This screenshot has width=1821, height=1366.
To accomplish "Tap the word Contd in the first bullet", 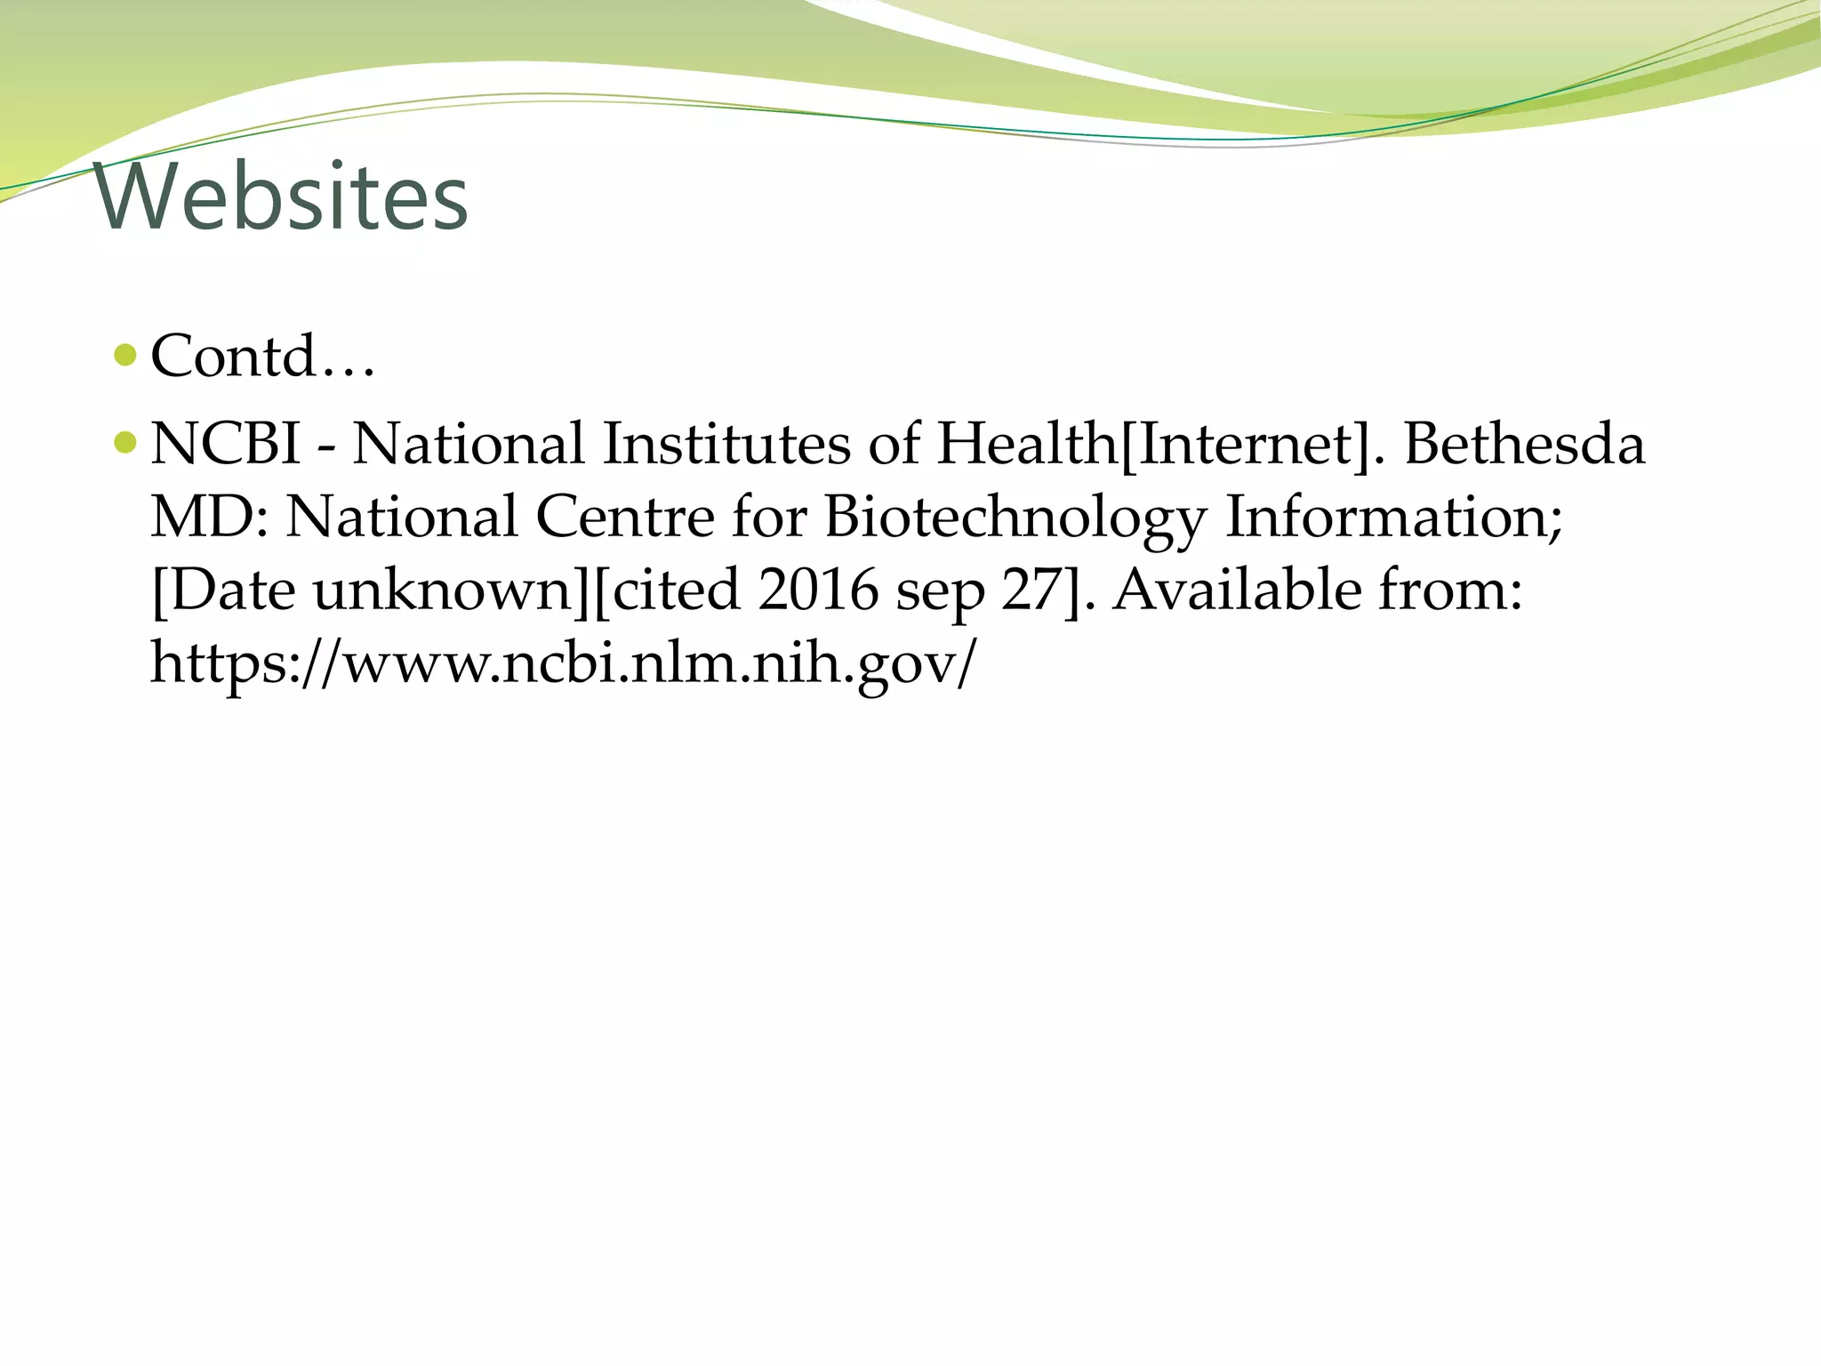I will (x=233, y=356).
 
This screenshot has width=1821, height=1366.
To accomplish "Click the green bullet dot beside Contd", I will (x=126, y=356).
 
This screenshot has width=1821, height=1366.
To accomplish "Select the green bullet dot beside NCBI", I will (x=126, y=442).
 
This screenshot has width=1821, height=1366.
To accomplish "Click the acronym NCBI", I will (x=226, y=444).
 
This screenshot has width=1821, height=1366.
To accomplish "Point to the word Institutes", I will (x=726, y=444).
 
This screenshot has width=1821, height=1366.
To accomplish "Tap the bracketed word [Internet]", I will (x=1245, y=444).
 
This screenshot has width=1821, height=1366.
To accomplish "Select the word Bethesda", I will (x=1524, y=444).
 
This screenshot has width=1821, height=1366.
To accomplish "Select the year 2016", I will (x=818, y=591).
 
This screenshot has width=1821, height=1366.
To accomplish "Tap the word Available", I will (x=1236, y=591).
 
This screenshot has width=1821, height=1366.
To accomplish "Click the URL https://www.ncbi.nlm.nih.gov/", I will (x=563, y=663).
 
